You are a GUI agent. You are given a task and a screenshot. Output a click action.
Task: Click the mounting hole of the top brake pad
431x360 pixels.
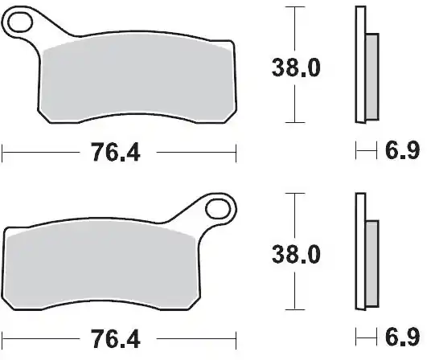click(x=23, y=23)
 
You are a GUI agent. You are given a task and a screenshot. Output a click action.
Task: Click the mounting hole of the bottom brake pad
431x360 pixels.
click(x=216, y=210)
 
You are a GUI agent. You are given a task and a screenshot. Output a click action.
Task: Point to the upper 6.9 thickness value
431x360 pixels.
click(x=402, y=150)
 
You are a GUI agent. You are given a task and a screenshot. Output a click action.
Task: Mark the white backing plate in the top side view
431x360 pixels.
click(x=359, y=64)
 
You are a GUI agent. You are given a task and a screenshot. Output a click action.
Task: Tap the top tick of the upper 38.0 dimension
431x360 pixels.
click(x=296, y=8)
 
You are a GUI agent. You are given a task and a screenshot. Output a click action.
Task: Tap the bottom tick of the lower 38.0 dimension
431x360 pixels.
click(x=296, y=310)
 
